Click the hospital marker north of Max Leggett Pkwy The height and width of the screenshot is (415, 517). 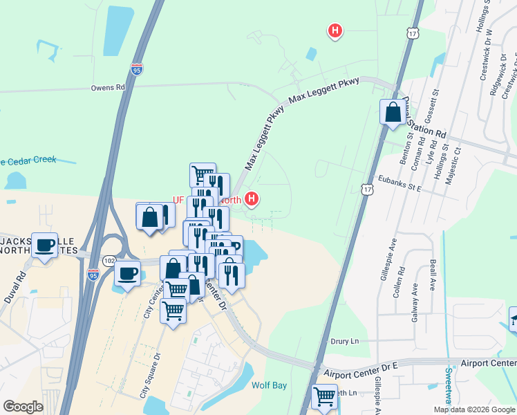pyautogui.click(x=335, y=30)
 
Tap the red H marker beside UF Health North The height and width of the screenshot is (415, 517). pyautogui.click(x=252, y=199)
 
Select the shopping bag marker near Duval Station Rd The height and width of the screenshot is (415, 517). pyautogui.click(x=393, y=112)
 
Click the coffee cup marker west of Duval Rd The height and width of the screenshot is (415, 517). pyautogui.click(x=46, y=245)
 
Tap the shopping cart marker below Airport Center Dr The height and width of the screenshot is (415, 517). pyautogui.click(x=323, y=396)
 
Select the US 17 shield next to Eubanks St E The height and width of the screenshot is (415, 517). pyautogui.click(x=367, y=188)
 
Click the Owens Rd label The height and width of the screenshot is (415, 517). pyautogui.click(x=108, y=88)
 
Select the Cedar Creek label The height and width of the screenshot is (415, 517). pyautogui.click(x=31, y=159)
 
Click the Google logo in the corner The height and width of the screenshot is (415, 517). pyautogui.click(x=23, y=407)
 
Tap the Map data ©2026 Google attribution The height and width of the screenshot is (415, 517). pyautogui.click(x=474, y=409)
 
